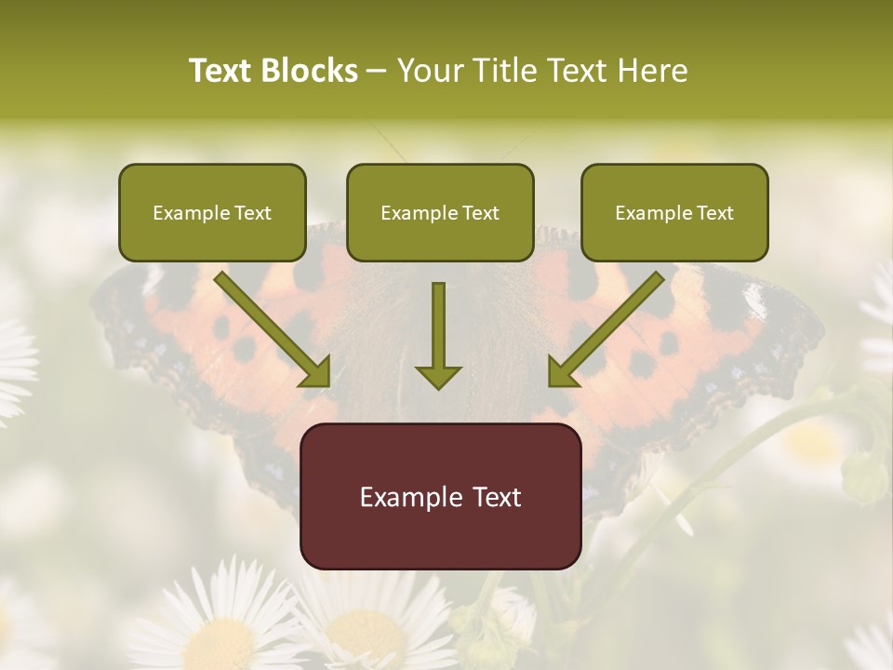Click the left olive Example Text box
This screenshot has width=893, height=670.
coord(212,213)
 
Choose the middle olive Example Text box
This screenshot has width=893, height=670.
coord(440,213)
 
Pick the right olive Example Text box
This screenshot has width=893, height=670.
coord(674,213)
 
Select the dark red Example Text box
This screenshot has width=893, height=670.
coord(440,496)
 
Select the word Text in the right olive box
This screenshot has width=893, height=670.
coord(715,213)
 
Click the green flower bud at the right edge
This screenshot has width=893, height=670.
coord(864,476)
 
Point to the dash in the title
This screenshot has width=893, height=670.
coord(377,71)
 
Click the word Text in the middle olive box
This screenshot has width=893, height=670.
coord(481,213)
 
